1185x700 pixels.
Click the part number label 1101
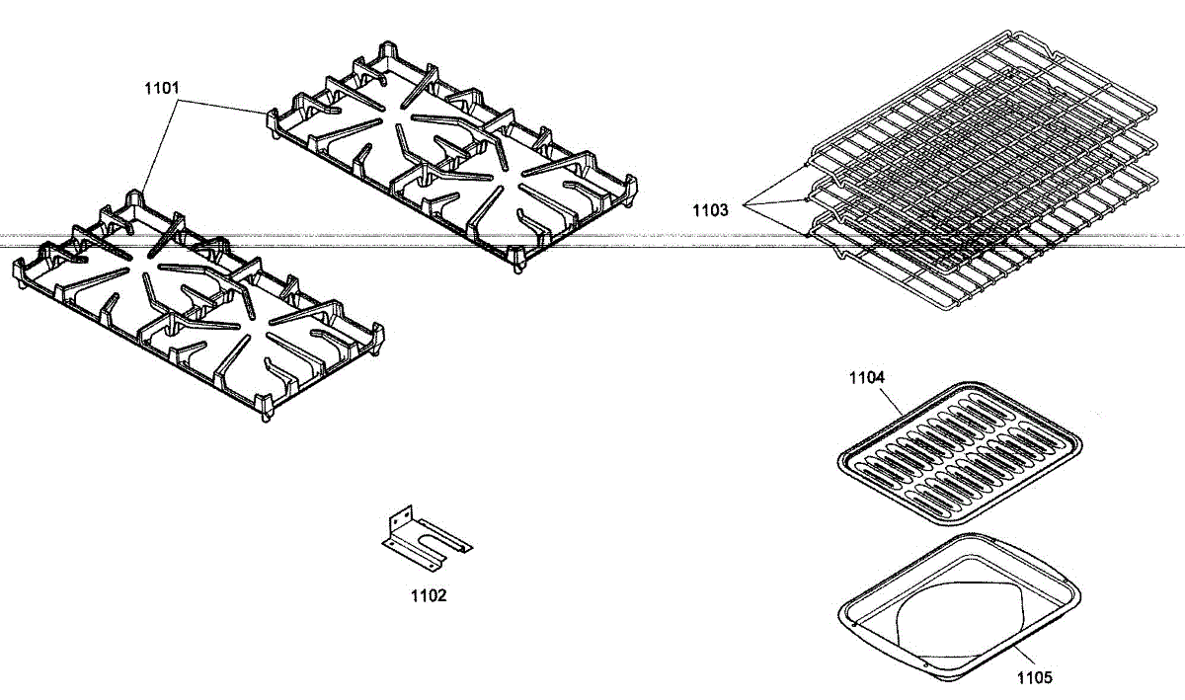161,88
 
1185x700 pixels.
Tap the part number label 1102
429,595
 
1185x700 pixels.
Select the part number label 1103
710,209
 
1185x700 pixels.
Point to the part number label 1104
867,377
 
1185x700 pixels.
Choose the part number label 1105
1034,677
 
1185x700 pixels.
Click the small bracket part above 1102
426,537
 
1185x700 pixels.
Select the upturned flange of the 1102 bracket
400,519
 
